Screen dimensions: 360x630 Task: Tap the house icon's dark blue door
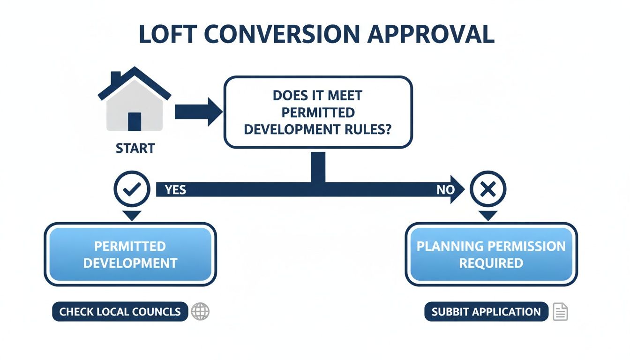(135, 121)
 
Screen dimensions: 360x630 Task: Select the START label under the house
(135, 149)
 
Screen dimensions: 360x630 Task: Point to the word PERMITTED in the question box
(318, 112)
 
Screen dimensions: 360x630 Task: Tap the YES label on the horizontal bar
(175, 190)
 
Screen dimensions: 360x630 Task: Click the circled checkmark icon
(132, 189)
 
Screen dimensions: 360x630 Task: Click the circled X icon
(488, 189)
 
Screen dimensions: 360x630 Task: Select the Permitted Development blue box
(130, 254)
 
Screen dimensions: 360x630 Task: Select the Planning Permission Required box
(491, 254)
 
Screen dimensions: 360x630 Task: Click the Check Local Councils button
(120, 312)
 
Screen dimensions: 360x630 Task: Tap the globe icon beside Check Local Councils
(201, 312)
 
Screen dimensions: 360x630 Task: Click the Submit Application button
(486, 312)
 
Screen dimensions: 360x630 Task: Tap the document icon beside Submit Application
(560, 312)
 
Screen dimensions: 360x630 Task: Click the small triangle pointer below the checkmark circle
(132, 215)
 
